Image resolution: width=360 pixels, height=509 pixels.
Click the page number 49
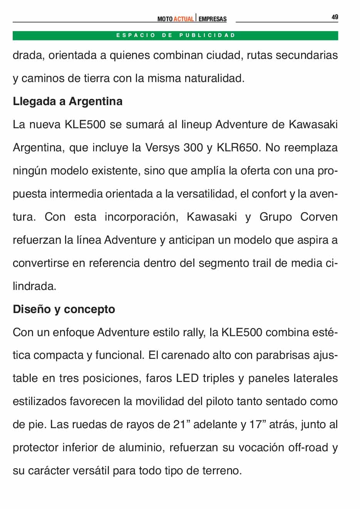pos(335,17)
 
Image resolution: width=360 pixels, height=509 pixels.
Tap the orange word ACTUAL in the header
pos(183,19)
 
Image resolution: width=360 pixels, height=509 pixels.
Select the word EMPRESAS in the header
pos(213,19)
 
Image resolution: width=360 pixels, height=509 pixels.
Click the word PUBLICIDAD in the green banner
pos(207,35)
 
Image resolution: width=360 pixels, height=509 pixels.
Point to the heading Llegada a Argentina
pos(67,101)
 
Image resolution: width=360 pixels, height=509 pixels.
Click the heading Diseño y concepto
pos(64,309)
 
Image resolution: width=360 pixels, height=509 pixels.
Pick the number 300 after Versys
pos(193,147)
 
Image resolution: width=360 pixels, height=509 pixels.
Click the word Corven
pos(318,217)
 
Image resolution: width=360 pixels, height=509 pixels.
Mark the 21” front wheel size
pos(182,424)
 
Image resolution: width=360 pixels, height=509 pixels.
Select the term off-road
pos(308,447)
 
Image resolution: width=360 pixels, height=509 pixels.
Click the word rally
pos(194,332)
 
